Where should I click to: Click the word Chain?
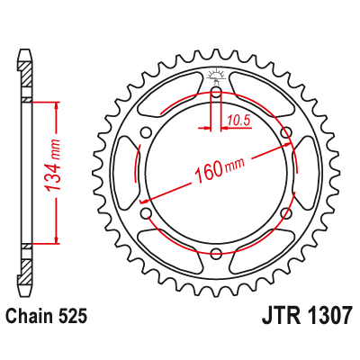pos(29,317)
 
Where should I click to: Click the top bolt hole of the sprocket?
pos(216,93)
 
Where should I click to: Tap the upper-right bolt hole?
pos(286,133)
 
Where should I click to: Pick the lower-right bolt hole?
pos(286,213)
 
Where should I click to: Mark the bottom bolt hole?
pos(216,254)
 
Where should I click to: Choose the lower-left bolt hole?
pos(147,213)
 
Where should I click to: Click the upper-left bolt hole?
pos(147,133)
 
